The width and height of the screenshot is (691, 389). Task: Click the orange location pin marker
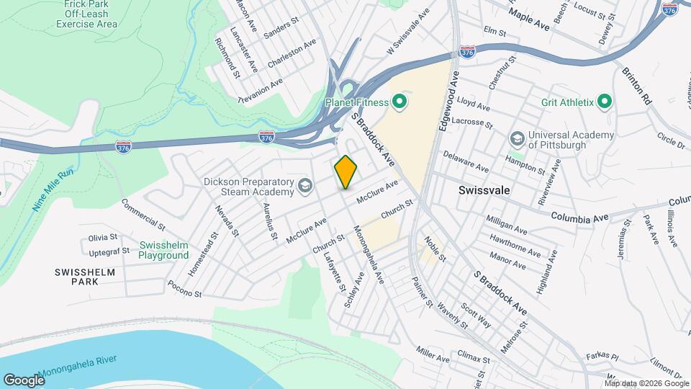tap(346, 172)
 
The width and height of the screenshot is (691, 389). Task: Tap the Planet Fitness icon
tap(400, 102)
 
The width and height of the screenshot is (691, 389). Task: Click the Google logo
tap(24, 380)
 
